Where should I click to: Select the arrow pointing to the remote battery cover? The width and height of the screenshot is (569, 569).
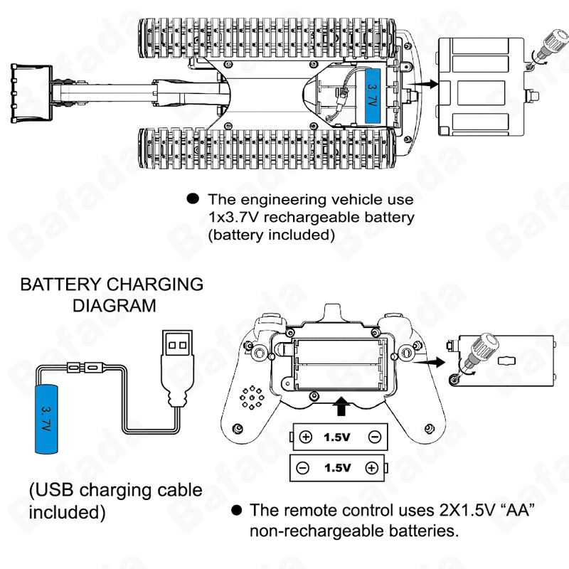pos(426,361)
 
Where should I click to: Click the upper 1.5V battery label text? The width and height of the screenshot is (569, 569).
pos(336,437)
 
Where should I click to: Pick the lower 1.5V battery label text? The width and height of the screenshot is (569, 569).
pos(336,467)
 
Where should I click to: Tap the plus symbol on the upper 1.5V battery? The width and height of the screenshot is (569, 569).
pos(306,437)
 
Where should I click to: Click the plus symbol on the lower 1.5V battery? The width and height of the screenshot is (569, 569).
pos(371,467)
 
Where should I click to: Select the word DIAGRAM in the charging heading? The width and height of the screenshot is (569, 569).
pos(112,306)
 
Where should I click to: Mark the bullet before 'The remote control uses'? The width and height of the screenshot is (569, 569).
pos(236,510)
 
